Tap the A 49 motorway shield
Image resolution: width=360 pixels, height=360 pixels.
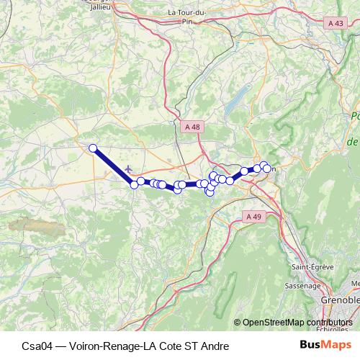pyautogui.click(x=252, y=216)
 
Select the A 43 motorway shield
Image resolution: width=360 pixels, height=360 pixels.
pyautogui.click(x=335, y=23)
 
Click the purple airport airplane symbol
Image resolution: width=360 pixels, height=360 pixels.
pyautogui.click(x=128, y=168)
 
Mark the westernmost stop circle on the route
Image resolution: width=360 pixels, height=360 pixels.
pyautogui.click(x=93, y=148)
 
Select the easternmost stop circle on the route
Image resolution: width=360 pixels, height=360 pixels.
pyautogui.click(x=267, y=168)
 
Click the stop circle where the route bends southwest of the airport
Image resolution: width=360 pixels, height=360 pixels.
pyautogui.click(x=134, y=185)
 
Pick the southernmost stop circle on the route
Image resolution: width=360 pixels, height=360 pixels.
pyautogui.click(x=210, y=192)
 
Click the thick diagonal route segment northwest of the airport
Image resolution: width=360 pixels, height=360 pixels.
pyautogui.click(x=112, y=166)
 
